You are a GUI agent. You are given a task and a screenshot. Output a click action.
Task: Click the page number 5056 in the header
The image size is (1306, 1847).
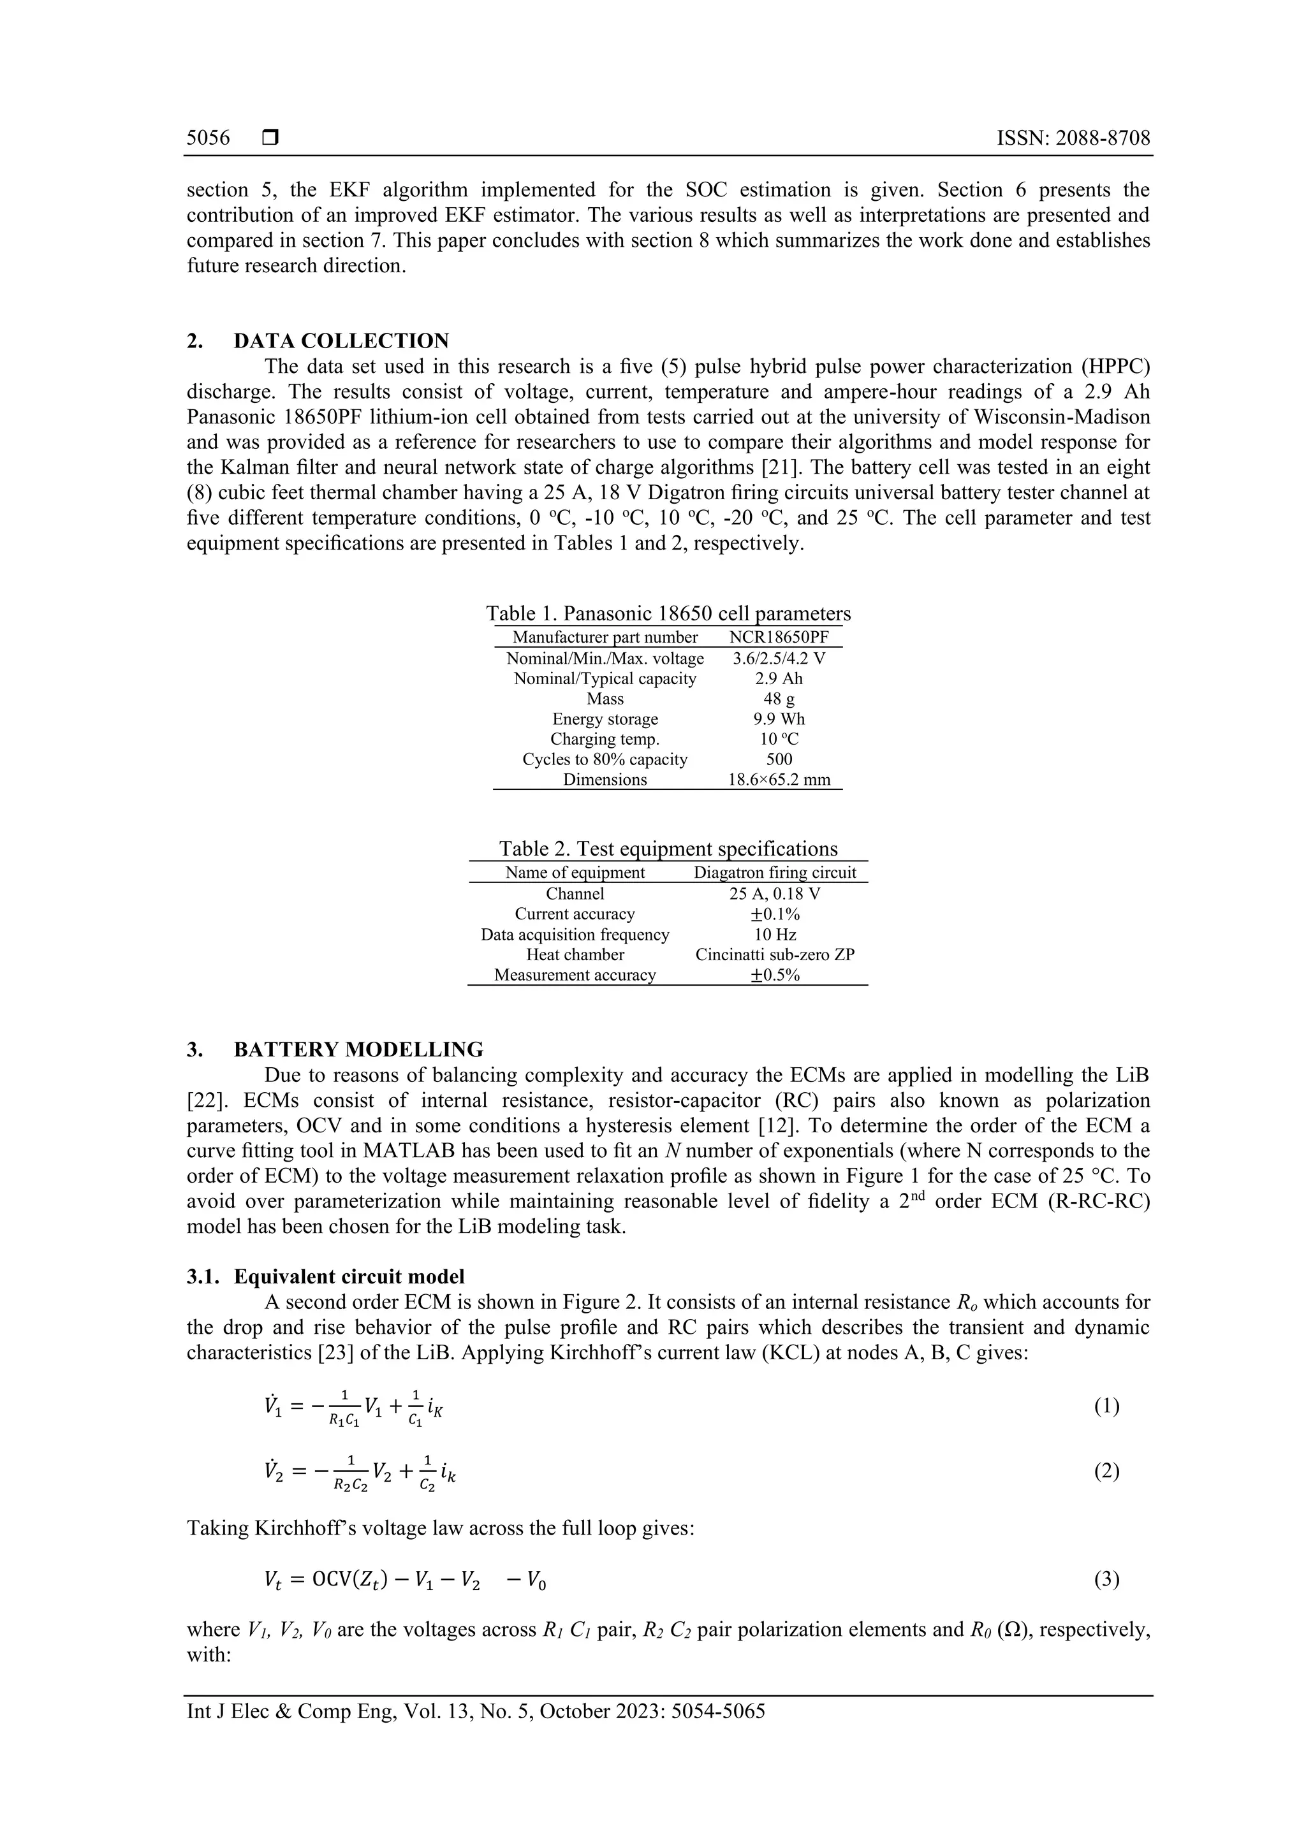tap(208, 138)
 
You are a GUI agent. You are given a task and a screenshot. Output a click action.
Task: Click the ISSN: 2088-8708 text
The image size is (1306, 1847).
tap(1073, 138)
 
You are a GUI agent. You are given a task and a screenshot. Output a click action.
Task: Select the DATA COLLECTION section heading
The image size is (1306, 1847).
tap(341, 341)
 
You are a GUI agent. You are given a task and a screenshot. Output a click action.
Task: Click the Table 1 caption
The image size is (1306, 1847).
tap(668, 614)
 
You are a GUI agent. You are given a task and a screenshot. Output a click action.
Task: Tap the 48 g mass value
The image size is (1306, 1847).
tap(778, 699)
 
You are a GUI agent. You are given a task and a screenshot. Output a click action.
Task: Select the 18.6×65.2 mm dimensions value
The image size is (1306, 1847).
tap(778, 780)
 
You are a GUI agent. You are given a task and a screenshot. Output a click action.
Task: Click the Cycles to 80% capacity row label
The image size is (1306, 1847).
tap(605, 759)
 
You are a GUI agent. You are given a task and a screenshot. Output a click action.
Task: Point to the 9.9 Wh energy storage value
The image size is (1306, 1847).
tap(778, 719)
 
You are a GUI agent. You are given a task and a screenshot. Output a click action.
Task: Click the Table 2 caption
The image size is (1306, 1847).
tap(668, 849)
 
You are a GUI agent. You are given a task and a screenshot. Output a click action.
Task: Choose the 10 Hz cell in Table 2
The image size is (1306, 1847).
tap(775, 935)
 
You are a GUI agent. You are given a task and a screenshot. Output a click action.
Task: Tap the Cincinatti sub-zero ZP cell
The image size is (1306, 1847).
tap(775, 955)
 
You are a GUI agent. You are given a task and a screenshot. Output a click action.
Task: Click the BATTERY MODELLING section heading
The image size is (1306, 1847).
tap(358, 1050)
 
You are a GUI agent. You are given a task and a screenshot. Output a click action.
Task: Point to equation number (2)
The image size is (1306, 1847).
tap(1106, 1471)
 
